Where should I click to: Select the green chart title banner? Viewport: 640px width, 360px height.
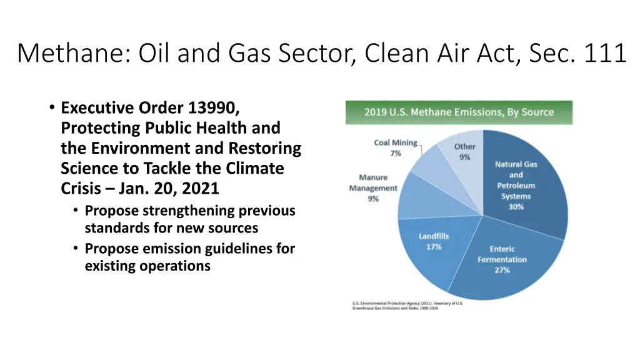tap(459, 112)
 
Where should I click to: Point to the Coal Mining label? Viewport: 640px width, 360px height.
tap(395, 143)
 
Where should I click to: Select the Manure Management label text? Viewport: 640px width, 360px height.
tap(373, 183)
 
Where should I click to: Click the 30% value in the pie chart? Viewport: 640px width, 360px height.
tap(516, 207)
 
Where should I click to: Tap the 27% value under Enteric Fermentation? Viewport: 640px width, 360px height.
tap(502, 270)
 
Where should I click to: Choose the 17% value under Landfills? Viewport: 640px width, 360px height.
tap(434, 247)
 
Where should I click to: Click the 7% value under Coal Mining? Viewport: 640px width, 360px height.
tap(395, 153)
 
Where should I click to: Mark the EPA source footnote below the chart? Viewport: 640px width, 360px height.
tap(407, 306)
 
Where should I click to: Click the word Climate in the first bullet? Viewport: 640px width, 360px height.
tap(259, 169)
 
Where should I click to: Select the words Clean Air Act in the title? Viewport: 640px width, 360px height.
tap(441, 53)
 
